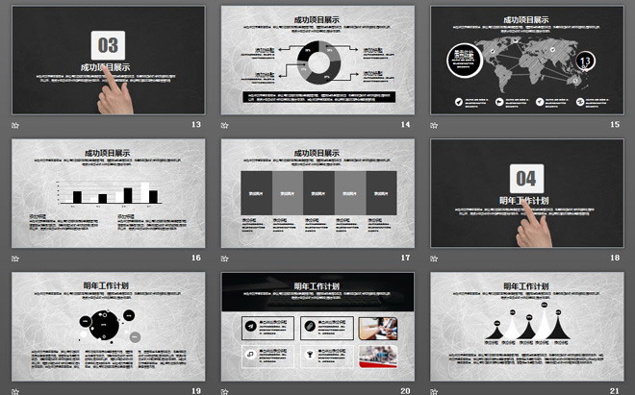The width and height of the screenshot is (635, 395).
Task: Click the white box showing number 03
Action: click(109, 44)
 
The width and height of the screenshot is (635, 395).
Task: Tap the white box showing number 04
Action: click(526, 178)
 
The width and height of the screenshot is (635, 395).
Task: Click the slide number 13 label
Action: click(196, 125)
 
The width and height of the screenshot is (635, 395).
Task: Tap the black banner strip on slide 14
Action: click(317, 96)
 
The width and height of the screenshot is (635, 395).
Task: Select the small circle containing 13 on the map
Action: click(585, 63)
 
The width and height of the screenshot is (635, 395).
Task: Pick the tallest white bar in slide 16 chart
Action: click(145, 193)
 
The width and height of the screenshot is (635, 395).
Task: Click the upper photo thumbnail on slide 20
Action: click(378, 328)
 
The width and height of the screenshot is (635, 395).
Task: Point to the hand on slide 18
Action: click(535, 229)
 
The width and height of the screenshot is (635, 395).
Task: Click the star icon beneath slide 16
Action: click(16, 258)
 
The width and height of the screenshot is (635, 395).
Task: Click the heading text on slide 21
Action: click(526, 285)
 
